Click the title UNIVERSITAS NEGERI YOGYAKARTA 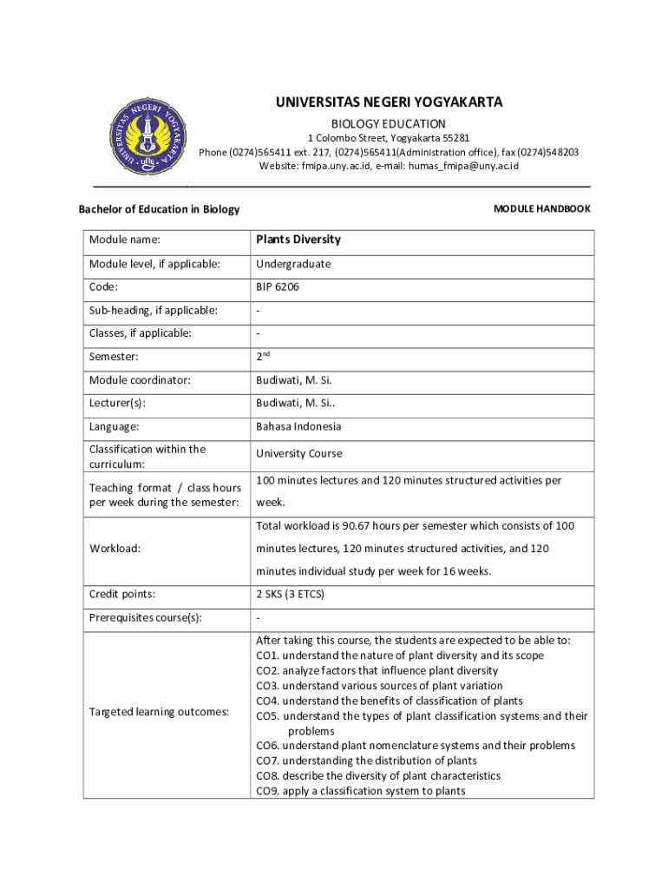389,103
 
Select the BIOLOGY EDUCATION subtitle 389,124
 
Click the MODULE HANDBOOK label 541,209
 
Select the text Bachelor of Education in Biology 159,209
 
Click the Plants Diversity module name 298,240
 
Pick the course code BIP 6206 278,286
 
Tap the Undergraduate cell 293,264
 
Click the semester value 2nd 264,356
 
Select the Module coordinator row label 140,380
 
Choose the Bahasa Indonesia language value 298,426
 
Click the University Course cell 299,453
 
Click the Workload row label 115,549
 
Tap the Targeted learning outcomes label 159,712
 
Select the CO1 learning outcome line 400,655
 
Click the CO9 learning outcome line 360,791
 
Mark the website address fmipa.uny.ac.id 336,166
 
